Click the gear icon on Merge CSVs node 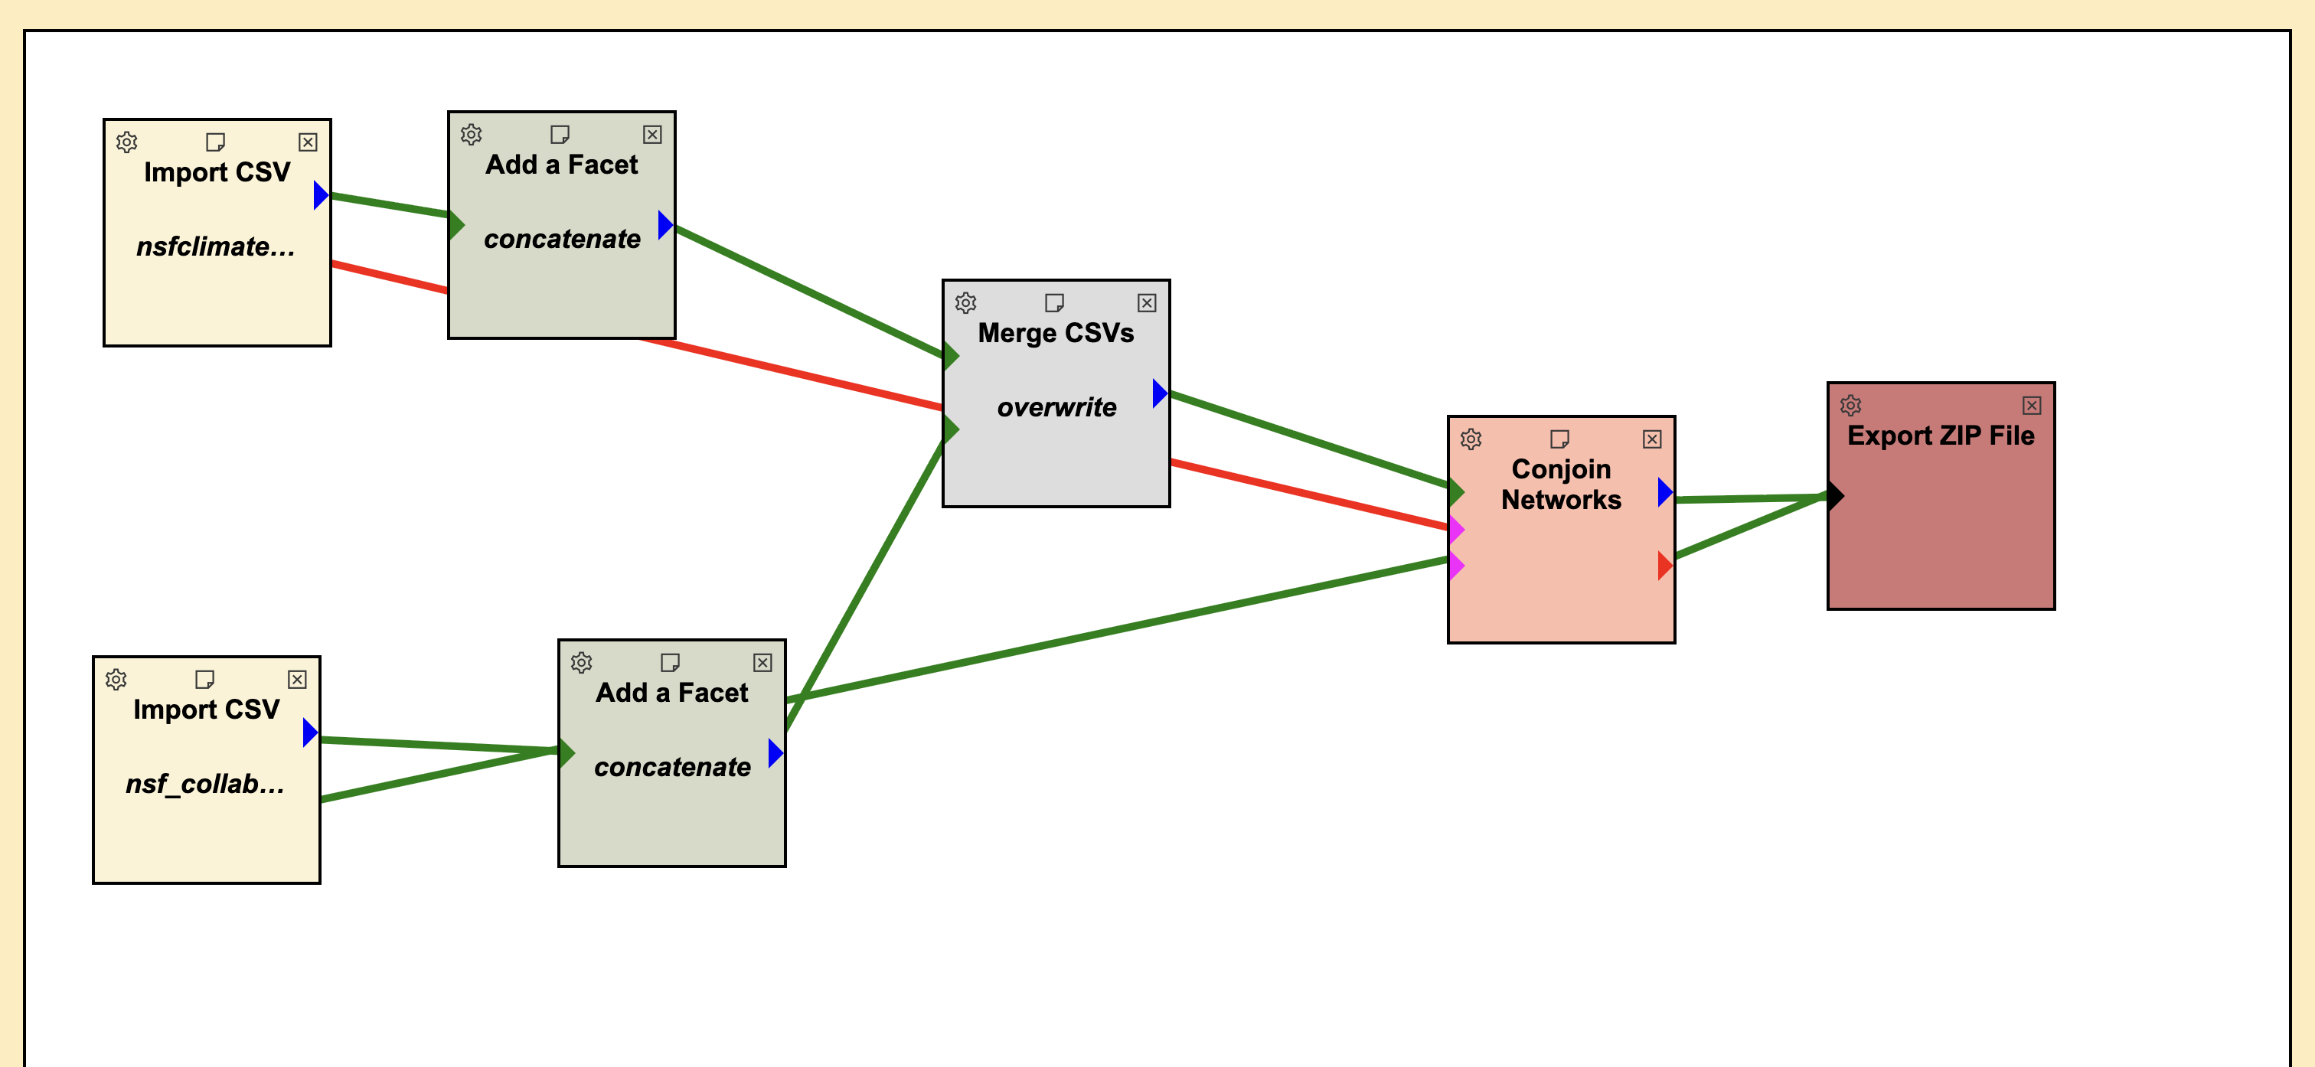click(965, 303)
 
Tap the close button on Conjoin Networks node click(1652, 439)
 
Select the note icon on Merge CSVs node click(1054, 303)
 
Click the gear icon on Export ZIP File click(1850, 406)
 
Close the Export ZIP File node click(2032, 406)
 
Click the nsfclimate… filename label click(216, 246)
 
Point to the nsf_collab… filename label click(205, 784)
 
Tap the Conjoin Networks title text click(1561, 484)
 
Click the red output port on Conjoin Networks click(1664, 566)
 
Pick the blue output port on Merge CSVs click(1159, 393)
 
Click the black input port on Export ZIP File click(1835, 494)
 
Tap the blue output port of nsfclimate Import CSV click(320, 194)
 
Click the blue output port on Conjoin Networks click(1664, 491)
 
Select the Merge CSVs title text click(1056, 333)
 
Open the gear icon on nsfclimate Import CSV click(127, 142)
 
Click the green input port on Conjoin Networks click(1457, 491)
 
